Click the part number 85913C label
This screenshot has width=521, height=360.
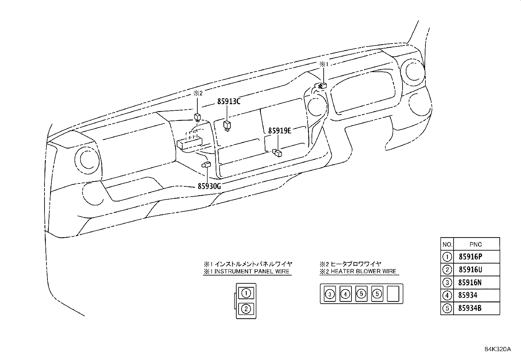[x=229, y=102]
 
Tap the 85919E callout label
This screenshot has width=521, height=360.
[x=279, y=131]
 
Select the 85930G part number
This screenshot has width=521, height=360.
[x=209, y=186]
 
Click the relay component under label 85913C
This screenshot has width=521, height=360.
[x=227, y=125]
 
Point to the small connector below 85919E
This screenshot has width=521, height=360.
[x=278, y=152]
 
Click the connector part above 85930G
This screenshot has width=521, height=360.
[x=206, y=164]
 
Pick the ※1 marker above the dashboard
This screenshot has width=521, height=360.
[x=324, y=65]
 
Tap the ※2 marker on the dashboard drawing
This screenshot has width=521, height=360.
[x=198, y=93]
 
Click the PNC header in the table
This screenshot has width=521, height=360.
[x=476, y=244]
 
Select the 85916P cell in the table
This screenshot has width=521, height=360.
[x=470, y=257]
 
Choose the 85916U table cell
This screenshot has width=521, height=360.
[x=470, y=270]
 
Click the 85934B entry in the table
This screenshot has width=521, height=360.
[x=470, y=308]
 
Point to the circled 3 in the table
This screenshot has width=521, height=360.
[x=447, y=282]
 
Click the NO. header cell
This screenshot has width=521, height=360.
[x=447, y=244]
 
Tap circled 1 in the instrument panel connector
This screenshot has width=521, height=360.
[x=246, y=293]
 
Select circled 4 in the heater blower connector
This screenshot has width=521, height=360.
[x=345, y=294]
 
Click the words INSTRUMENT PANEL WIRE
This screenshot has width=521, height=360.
[x=252, y=272]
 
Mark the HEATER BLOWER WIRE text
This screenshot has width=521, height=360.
[x=363, y=272]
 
